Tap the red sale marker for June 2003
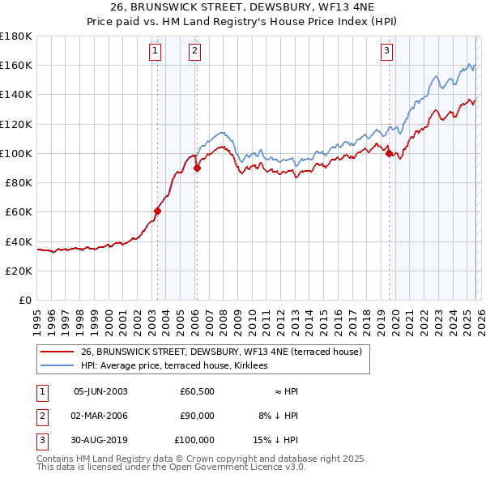pyautogui.click(x=158, y=211)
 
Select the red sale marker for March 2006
pyautogui.click(x=197, y=169)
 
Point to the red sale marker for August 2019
pyautogui.click(x=390, y=153)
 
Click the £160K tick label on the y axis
pyautogui.click(x=16, y=66)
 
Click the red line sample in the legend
pyautogui.click(x=58, y=352)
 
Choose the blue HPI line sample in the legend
pyautogui.click(x=58, y=366)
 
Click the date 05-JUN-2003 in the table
pyautogui.click(x=100, y=391)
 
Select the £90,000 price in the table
pyautogui.click(x=197, y=416)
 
